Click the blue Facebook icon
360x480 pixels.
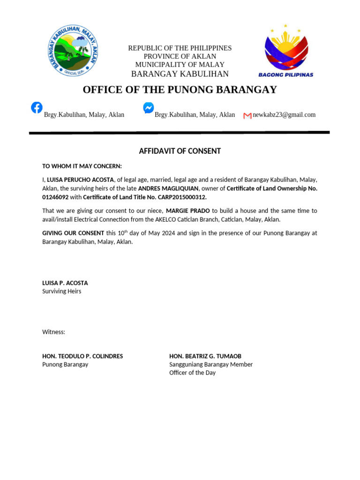(x=37, y=107)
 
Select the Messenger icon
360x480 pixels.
(x=148, y=108)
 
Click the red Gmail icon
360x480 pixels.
(x=247, y=115)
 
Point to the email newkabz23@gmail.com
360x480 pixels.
(x=284, y=115)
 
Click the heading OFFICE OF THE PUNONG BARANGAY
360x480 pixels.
(x=180, y=90)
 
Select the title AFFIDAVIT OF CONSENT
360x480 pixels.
(x=180, y=151)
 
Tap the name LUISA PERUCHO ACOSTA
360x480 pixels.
(x=80, y=180)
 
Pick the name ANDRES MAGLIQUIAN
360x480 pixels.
(x=168, y=188)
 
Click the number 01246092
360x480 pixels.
(x=55, y=197)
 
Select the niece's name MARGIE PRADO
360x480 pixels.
(x=187, y=211)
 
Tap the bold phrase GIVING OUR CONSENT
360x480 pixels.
(x=73, y=233)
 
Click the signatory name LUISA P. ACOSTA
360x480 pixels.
(x=65, y=283)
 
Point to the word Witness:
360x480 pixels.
(x=54, y=332)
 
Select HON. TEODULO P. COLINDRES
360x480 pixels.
(x=82, y=356)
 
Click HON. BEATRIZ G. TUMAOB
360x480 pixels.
(x=205, y=356)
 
